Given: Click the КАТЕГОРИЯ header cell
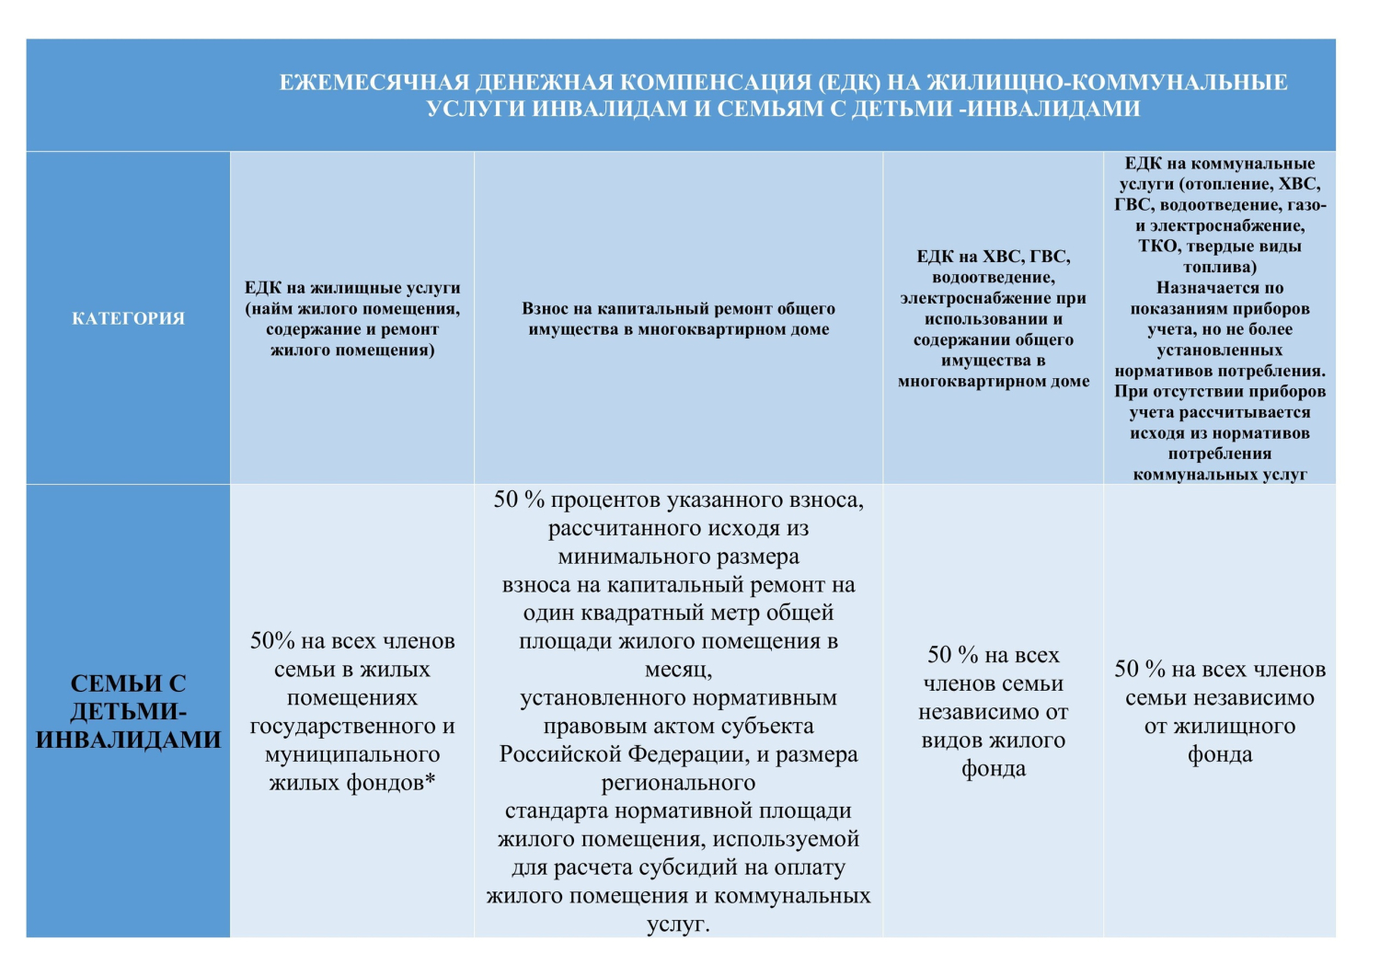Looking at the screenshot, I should tap(128, 318).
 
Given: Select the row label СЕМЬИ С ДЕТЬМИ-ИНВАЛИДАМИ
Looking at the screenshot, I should tap(128, 711).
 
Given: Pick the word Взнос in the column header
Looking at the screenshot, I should tap(547, 308).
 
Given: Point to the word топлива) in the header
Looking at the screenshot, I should tap(1220, 268).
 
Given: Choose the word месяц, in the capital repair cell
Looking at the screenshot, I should tap(678, 670).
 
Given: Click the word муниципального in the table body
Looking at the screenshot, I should tap(352, 755).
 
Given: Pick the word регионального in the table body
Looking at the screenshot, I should tap(678, 784).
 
